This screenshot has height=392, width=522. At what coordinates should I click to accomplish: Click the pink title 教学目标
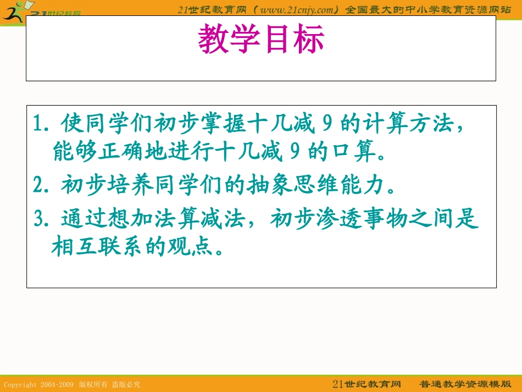point(261,40)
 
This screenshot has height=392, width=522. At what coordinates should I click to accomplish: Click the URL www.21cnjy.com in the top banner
point(296,8)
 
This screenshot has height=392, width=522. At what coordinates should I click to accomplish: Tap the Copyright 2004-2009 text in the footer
point(39,384)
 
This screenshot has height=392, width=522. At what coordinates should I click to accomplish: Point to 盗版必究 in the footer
point(126,384)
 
